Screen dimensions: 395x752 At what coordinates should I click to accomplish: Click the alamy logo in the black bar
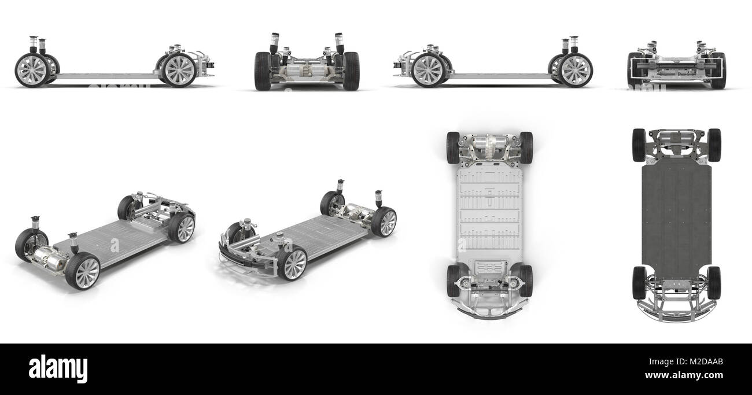point(58,369)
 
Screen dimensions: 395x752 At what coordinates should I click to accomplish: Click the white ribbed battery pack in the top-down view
point(489,214)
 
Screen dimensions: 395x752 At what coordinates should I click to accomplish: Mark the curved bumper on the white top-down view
point(489,313)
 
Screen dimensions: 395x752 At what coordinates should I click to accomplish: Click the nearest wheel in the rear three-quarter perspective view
point(82,271)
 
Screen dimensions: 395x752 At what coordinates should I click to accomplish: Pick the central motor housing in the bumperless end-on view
point(307,70)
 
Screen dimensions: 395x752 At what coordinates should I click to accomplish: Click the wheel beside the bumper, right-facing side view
point(179,71)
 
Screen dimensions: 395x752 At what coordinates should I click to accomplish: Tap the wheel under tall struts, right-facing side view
point(31,71)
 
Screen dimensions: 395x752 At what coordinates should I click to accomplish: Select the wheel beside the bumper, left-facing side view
point(429,70)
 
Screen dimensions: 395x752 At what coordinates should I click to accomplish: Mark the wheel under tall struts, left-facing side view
point(575,71)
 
